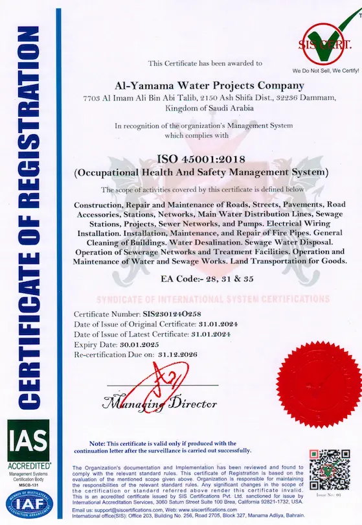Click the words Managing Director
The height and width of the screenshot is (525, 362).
click(x=159, y=403)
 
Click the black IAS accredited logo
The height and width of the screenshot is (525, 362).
click(x=28, y=442)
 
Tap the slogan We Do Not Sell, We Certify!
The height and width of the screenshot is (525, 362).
click(x=325, y=68)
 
